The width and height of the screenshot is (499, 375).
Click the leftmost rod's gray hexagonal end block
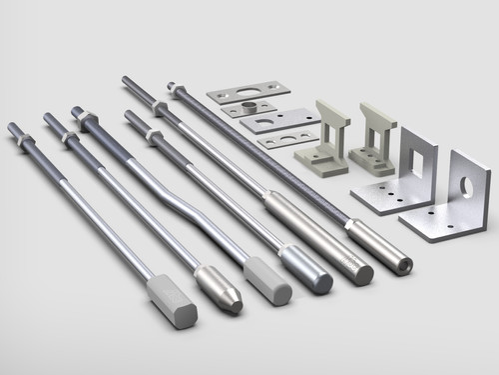pyautogui.click(x=172, y=301)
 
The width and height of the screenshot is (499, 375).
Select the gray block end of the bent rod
pyautogui.click(x=267, y=281)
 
